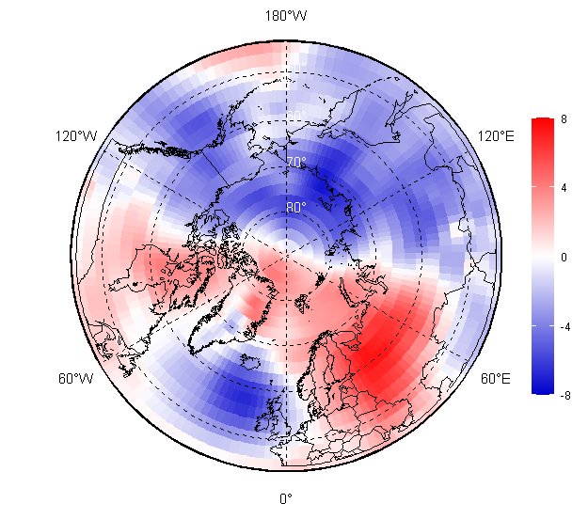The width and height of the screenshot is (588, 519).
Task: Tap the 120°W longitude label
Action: [76, 136]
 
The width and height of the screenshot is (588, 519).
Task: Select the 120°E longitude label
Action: [495, 136]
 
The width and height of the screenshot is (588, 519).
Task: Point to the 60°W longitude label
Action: [76, 379]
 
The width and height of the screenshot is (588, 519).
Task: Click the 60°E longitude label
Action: [496, 379]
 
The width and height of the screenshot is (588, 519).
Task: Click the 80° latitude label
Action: [296, 207]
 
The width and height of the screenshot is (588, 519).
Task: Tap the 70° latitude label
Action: [296, 162]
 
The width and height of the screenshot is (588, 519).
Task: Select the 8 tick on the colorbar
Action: [563, 119]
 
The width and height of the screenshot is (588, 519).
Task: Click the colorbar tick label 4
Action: [563, 188]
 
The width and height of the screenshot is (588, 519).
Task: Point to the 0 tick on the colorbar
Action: [563, 257]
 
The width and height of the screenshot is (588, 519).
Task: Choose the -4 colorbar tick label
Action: [563, 325]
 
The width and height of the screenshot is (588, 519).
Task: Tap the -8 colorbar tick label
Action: [563, 395]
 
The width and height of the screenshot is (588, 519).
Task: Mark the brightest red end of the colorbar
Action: [542, 122]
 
